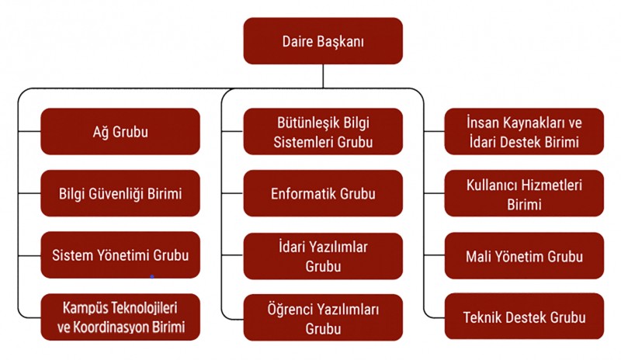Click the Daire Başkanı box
(323, 41)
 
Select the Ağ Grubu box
(120, 131)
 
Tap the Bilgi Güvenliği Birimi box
(120, 193)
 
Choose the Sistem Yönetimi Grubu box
(120, 255)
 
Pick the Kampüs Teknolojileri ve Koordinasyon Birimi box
(120, 317)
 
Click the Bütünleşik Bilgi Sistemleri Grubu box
(323, 131)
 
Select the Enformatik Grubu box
(323, 193)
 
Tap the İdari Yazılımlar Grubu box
(323, 256)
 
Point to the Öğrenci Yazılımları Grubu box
(323, 317)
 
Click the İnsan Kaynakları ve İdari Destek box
(524, 131)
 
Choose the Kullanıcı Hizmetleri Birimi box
(524, 193)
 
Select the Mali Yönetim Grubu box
(524, 256)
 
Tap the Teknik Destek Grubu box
(524, 317)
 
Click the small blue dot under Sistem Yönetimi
(151, 276)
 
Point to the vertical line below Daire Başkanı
(323, 76)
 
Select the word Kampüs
(85, 308)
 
